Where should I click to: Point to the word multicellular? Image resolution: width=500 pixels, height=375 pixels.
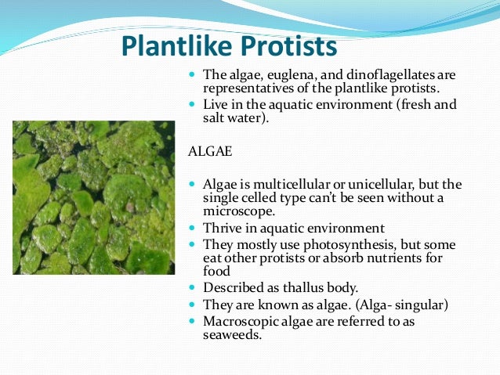click(281, 185)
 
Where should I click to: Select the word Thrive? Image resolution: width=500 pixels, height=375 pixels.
click(222, 229)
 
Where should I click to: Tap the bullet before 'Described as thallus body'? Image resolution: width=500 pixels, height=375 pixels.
click(193, 287)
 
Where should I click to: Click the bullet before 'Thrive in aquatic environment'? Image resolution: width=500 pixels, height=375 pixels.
click(193, 229)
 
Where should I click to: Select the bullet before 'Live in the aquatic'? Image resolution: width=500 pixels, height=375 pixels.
click(193, 105)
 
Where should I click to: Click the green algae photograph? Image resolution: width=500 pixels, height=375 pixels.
click(93, 197)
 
